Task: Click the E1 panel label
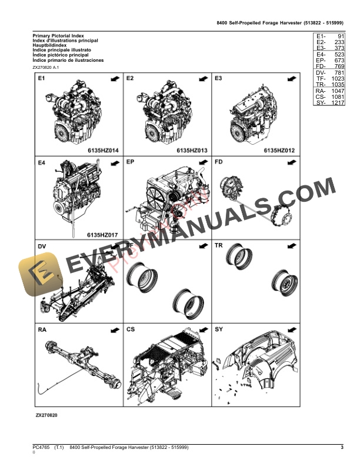coord(42,78)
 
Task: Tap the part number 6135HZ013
coord(191,151)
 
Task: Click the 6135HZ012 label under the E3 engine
coord(278,151)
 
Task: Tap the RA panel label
coord(42,330)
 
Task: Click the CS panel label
coord(131,330)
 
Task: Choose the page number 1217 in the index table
coord(336,103)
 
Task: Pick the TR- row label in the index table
coord(321,85)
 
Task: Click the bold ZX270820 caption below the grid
coord(46,415)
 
